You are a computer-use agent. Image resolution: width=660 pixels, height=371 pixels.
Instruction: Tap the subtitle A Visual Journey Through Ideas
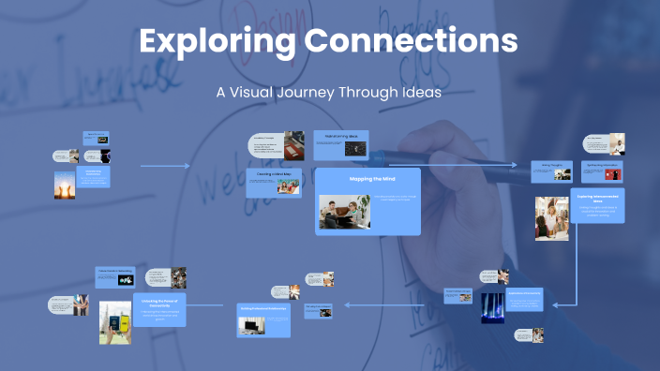[x=329, y=94]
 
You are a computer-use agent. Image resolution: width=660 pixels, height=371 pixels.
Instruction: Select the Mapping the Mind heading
[x=367, y=178]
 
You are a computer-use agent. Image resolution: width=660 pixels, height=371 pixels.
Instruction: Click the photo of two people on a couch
[x=345, y=211]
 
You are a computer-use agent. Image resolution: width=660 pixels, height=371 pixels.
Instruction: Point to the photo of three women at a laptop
[x=552, y=218]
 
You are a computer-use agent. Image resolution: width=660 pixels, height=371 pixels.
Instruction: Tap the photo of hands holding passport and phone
[x=114, y=323]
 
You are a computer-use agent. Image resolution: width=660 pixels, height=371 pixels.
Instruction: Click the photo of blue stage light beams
[x=492, y=308]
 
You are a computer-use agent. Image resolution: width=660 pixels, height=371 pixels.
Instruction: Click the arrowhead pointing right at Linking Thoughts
[x=515, y=166]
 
